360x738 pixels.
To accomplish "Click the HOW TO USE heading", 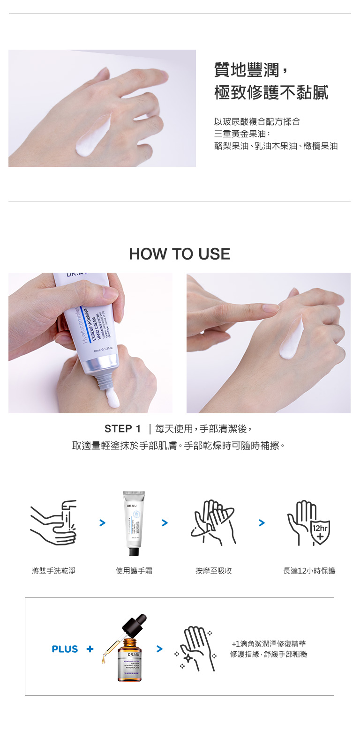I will pos(180,254).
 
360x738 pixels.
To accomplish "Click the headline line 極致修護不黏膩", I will pos(271,92).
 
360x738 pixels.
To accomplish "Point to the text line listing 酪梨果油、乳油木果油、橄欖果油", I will pos(276,146).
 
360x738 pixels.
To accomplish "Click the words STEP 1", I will pos(122,429).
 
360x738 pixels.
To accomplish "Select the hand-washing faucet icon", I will pos(53,522).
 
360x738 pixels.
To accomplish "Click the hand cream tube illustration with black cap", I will pos(134,523).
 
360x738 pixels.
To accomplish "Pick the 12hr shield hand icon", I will pos(309,523).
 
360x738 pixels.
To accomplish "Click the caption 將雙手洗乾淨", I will pos(53,571).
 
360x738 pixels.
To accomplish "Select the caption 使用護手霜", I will pos(134,571).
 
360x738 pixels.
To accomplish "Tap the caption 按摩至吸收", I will pos(214,571).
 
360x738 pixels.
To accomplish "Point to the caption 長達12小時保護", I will pos(309,571).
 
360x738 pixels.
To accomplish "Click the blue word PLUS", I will pos(65,649).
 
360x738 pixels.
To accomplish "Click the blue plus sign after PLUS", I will pos(90,649).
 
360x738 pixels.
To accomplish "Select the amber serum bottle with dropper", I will pos(129,656).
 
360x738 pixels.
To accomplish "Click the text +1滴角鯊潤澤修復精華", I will pos(269,644).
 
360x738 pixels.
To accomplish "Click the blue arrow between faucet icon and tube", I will pos(102,522).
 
